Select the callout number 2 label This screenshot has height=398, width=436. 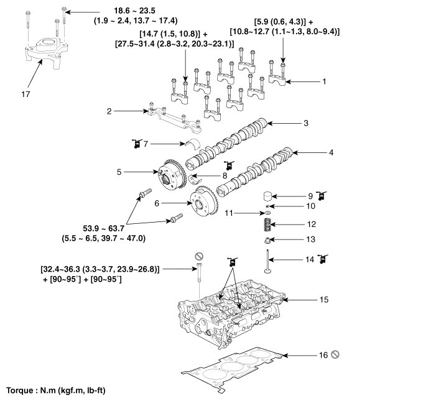(109, 111)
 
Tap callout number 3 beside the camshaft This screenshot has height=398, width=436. (306, 123)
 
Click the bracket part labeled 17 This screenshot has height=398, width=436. (47, 51)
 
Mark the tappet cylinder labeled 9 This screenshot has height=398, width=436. (266, 194)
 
